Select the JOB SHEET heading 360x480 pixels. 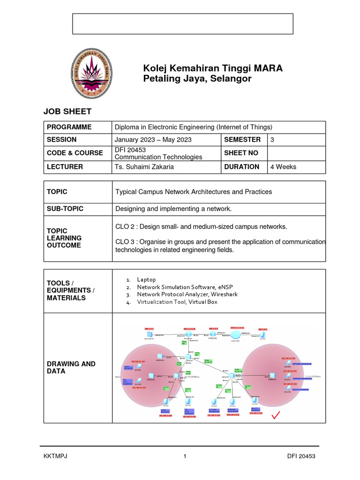click(67, 111)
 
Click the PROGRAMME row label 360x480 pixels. click(69, 127)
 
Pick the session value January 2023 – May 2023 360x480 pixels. click(153, 140)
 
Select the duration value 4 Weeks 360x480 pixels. click(283, 167)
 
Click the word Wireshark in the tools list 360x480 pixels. click(222, 294)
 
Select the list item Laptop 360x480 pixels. click(146, 279)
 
